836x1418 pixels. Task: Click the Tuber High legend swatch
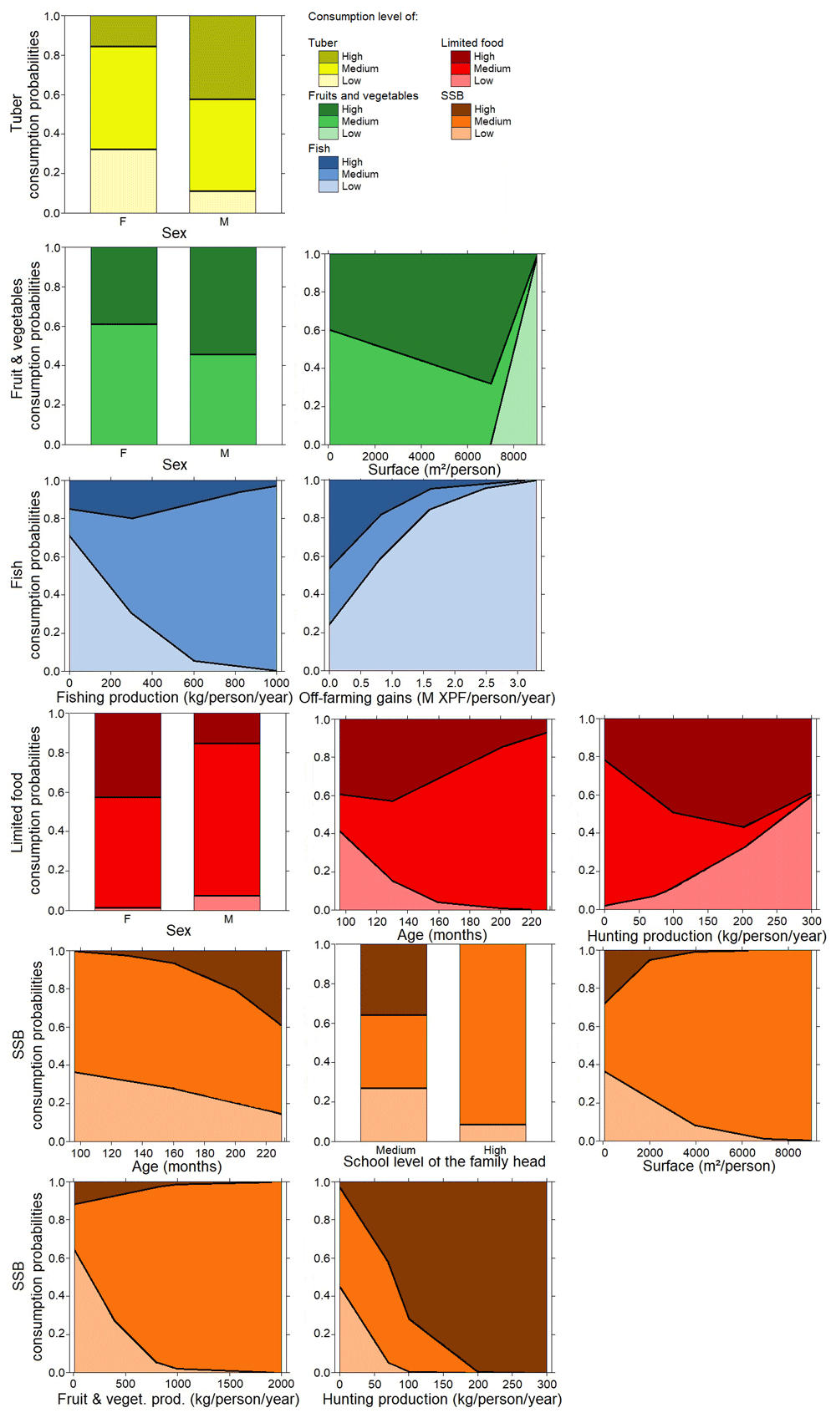pos(328,56)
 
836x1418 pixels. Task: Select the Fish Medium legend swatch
pos(328,174)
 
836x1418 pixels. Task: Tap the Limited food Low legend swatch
pos(461,80)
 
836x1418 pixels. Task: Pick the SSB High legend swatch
pos(461,109)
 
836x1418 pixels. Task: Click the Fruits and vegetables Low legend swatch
pos(328,134)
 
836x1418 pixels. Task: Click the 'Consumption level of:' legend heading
pos(363,17)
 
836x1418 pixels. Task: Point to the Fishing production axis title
pos(175,698)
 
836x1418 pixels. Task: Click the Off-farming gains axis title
pos(427,698)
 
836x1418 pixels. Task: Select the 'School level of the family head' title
pos(444,1161)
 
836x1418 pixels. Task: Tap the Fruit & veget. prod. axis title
pos(178,1399)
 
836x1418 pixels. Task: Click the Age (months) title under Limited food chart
pos(442,935)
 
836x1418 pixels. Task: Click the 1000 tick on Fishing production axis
pos(276,683)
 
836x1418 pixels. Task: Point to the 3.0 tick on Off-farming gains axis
pos(517,683)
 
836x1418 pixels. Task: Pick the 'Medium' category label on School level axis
pos(395,1150)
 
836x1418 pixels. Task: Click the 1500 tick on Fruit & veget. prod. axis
pos(230,1384)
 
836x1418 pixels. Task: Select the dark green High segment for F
pos(124,286)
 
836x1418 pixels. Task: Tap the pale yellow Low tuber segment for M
pos(222,202)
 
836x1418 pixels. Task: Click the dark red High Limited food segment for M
pos(227,729)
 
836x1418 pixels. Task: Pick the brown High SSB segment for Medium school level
pos(393,980)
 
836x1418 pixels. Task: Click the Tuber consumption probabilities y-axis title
pos(25,114)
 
